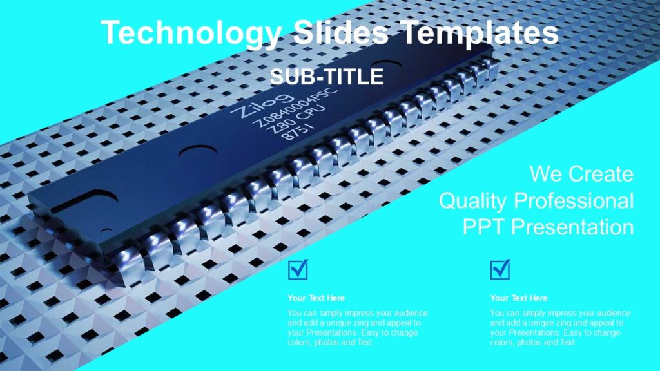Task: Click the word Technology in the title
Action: [x=191, y=33]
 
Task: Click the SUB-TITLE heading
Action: [x=327, y=77]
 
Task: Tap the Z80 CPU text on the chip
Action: [x=298, y=120]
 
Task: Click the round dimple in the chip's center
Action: [x=197, y=154]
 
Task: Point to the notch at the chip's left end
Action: [x=71, y=205]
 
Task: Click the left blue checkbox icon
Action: [x=298, y=269]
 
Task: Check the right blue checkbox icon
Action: [x=500, y=269]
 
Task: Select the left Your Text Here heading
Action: [x=316, y=298]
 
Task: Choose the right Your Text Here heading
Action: [x=518, y=298]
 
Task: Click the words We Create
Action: [x=581, y=174]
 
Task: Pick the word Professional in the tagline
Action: [x=574, y=200]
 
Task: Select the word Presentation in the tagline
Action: [x=574, y=227]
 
